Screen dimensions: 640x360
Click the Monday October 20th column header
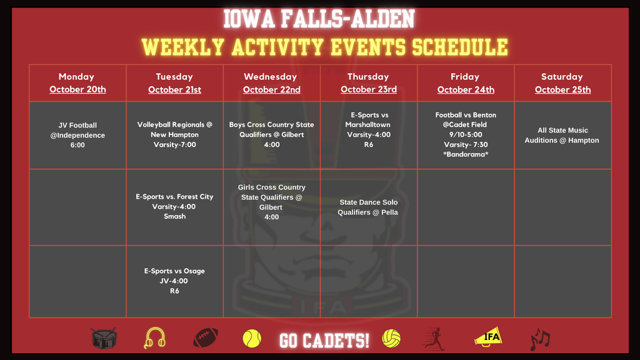pyautogui.click(x=77, y=83)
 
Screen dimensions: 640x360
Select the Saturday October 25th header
pyautogui.click(x=563, y=83)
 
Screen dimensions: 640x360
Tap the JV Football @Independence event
pyautogui.click(x=77, y=135)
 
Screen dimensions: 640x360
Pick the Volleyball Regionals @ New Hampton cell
pyautogui.click(x=175, y=135)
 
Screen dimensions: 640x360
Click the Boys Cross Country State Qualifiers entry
pyautogui.click(x=271, y=135)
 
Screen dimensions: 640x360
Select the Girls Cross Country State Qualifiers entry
pyautogui.click(x=271, y=202)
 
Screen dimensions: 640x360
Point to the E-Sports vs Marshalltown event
pyautogui.click(x=369, y=130)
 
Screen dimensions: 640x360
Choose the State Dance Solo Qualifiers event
pyautogui.click(x=368, y=207)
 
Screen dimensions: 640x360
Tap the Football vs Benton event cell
pyautogui.click(x=466, y=135)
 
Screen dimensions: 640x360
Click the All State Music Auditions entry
pyautogui.click(x=562, y=135)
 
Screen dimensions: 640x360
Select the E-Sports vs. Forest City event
pyautogui.click(x=175, y=206)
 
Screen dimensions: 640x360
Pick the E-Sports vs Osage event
pyautogui.click(x=174, y=281)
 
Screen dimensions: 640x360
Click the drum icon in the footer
pyautogui.click(x=104, y=338)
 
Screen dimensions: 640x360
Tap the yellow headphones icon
pyautogui.click(x=155, y=338)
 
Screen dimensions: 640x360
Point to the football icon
pyautogui.click(x=205, y=338)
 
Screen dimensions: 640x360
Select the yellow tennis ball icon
pyautogui.click(x=252, y=339)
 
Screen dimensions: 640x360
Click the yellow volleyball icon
pyautogui.click(x=391, y=338)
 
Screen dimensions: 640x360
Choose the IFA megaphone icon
pyautogui.click(x=488, y=337)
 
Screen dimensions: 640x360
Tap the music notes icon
pyautogui.click(x=540, y=339)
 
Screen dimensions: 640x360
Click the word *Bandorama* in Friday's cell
pyautogui.click(x=466, y=154)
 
